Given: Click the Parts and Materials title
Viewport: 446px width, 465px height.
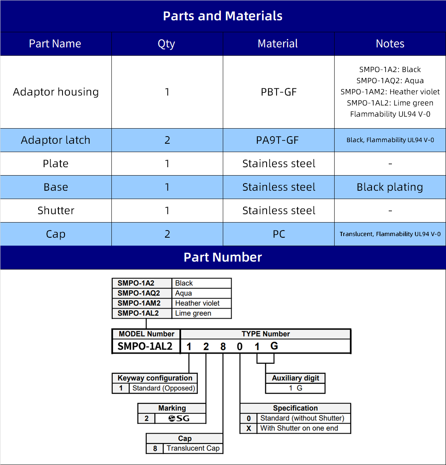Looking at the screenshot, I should pos(222,16).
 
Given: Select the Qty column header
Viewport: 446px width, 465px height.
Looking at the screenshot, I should pos(166,44).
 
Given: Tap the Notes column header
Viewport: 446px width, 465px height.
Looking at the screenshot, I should pos(390,44).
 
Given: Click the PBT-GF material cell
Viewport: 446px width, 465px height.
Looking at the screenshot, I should pos(279,92).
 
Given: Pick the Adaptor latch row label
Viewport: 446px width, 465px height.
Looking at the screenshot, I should pos(56,140).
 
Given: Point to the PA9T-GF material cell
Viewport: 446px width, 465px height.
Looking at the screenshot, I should pos(278,140).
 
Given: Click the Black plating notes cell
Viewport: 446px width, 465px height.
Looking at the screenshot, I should pos(390,187).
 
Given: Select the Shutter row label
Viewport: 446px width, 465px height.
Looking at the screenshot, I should pos(56,211).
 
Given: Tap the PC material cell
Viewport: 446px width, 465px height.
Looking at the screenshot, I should pos(279,234).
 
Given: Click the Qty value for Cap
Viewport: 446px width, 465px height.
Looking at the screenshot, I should pos(167,234).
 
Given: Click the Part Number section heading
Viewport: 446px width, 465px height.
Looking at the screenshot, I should pos(223,257).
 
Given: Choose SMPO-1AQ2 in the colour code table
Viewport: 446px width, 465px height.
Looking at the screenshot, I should pos(139,293).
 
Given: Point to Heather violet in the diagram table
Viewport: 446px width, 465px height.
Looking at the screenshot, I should pos(197,303).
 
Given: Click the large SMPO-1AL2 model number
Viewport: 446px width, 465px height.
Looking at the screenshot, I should pos(145,346).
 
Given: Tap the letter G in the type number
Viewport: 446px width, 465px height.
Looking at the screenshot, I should pos(274,346).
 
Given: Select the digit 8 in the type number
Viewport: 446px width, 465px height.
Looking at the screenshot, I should pos(223,347).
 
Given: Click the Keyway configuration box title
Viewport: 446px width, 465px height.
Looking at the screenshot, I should pos(155,378).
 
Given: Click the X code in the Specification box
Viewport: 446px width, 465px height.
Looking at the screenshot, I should pos(249,428).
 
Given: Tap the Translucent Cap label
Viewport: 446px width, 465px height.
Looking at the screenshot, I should pos(193,448).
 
